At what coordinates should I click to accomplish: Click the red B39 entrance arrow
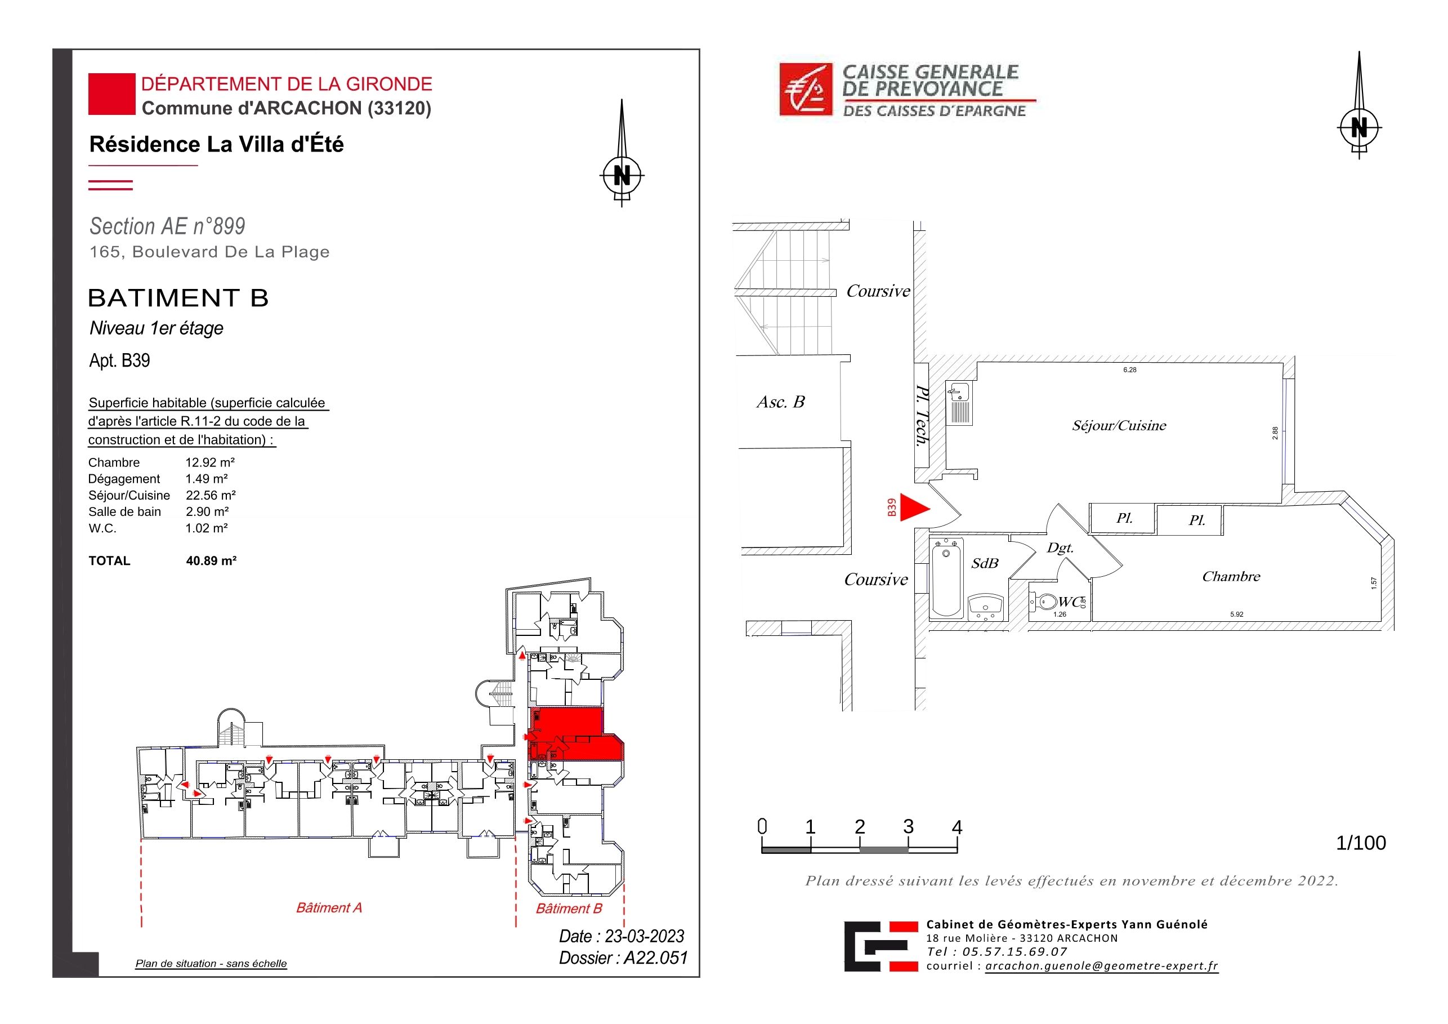point(913,507)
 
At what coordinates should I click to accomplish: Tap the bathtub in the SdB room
point(946,577)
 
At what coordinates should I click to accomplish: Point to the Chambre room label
point(1231,576)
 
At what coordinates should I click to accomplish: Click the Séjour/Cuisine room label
point(1119,425)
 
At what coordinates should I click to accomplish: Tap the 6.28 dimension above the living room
point(1129,369)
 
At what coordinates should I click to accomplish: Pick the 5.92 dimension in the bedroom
point(1237,614)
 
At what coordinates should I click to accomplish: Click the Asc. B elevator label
point(781,402)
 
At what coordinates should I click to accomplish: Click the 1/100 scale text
point(1361,843)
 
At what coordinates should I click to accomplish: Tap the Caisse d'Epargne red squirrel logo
point(806,89)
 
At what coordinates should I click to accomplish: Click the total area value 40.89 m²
point(211,560)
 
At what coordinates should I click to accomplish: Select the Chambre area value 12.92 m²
point(210,462)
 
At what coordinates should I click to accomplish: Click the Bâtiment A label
point(329,907)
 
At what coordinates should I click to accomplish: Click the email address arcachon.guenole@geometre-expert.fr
point(1102,966)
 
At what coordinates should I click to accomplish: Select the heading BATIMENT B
point(178,298)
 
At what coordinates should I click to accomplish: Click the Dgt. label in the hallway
point(1060,547)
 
